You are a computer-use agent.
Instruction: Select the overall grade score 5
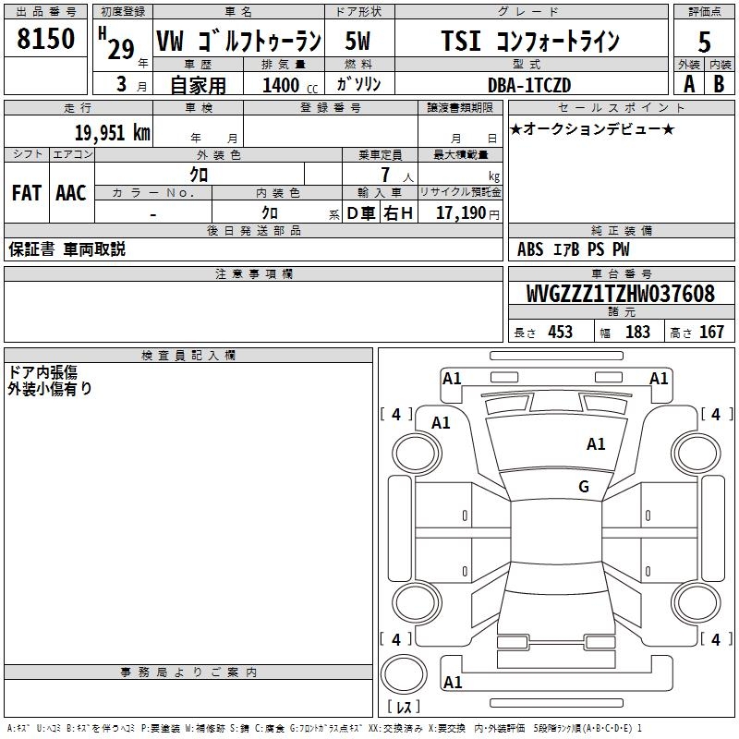click(705, 42)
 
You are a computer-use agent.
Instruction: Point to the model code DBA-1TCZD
click(529, 85)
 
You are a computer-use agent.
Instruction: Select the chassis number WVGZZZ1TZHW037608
click(620, 294)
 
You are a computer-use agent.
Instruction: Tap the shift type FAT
click(27, 193)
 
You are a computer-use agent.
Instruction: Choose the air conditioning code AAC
click(71, 193)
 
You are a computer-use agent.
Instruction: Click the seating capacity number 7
click(382, 175)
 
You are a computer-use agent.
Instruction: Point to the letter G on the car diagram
click(583, 487)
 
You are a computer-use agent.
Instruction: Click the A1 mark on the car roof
click(596, 444)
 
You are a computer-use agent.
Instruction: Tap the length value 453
click(560, 333)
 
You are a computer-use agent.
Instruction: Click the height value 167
click(711, 333)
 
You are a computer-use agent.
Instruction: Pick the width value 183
click(637, 333)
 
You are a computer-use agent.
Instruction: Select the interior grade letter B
click(719, 84)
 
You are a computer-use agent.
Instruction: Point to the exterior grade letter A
click(688, 84)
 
